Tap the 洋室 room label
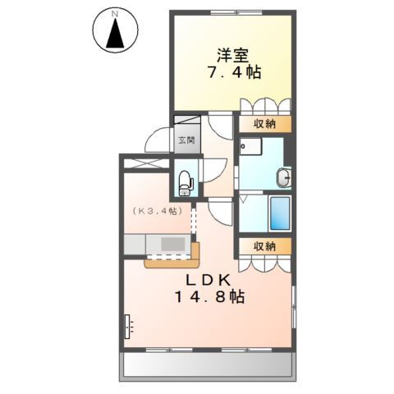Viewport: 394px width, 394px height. pos(233,55)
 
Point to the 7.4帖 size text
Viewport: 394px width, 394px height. pos(233,73)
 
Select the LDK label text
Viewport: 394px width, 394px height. pos(212,280)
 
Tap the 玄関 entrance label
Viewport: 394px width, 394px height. pos(185,140)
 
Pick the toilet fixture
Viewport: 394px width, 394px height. pos(185,181)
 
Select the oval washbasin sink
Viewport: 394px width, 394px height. pos(284,177)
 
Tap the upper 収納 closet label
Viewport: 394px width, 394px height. pos(263,124)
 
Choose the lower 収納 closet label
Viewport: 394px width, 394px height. pos(263,246)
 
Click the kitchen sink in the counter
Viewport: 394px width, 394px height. pos(173,244)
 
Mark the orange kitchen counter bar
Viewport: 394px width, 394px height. pos(173,263)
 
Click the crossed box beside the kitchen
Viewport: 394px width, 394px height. pos(145,163)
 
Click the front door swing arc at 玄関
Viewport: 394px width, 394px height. pos(154,141)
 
